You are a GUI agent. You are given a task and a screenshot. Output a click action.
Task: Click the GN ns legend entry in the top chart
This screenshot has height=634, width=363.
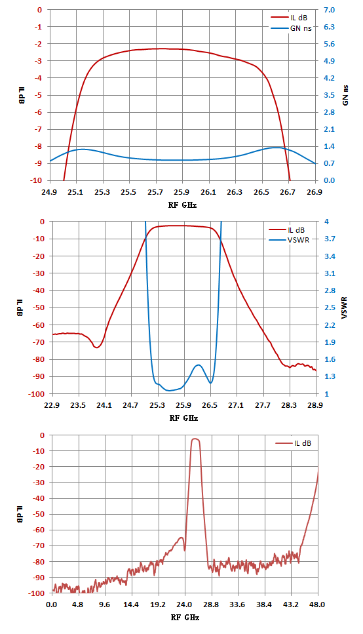(x=291, y=28)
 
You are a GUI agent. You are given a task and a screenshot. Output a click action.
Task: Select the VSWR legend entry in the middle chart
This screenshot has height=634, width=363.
(x=290, y=240)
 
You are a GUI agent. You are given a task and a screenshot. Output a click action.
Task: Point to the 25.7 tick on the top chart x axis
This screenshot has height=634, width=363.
(x=156, y=191)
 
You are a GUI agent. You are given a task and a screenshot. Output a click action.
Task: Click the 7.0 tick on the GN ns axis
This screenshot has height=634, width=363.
(x=330, y=10)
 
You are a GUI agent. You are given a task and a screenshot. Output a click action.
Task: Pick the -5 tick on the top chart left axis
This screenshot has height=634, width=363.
(x=39, y=95)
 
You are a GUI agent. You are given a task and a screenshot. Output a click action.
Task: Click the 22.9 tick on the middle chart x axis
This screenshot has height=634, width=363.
(x=52, y=405)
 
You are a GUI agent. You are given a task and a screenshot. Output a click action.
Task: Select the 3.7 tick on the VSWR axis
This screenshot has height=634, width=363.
(x=330, y=239)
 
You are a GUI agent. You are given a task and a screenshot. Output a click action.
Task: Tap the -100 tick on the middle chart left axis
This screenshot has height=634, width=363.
(x=37, y=394)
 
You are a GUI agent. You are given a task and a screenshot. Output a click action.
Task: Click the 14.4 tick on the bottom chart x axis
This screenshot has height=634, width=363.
(x=131, y=604)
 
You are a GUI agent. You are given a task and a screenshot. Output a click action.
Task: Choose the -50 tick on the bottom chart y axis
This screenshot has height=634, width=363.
(x=39, y=514)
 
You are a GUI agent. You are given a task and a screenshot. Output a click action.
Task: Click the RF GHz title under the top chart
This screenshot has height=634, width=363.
(x=183, y=205)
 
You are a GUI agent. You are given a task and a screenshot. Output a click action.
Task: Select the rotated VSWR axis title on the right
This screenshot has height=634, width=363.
(x=345, y=308)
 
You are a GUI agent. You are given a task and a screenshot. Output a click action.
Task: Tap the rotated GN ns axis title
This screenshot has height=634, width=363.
(x=345, y=96)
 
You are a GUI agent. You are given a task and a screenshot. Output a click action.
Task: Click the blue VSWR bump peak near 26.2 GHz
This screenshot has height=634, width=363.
(x=198, y=365)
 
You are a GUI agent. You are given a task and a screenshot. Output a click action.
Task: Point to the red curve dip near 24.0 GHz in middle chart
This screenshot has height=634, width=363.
(x=97, y=347)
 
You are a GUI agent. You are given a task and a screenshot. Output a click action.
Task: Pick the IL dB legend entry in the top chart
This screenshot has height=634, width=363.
(x=289, y=18)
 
